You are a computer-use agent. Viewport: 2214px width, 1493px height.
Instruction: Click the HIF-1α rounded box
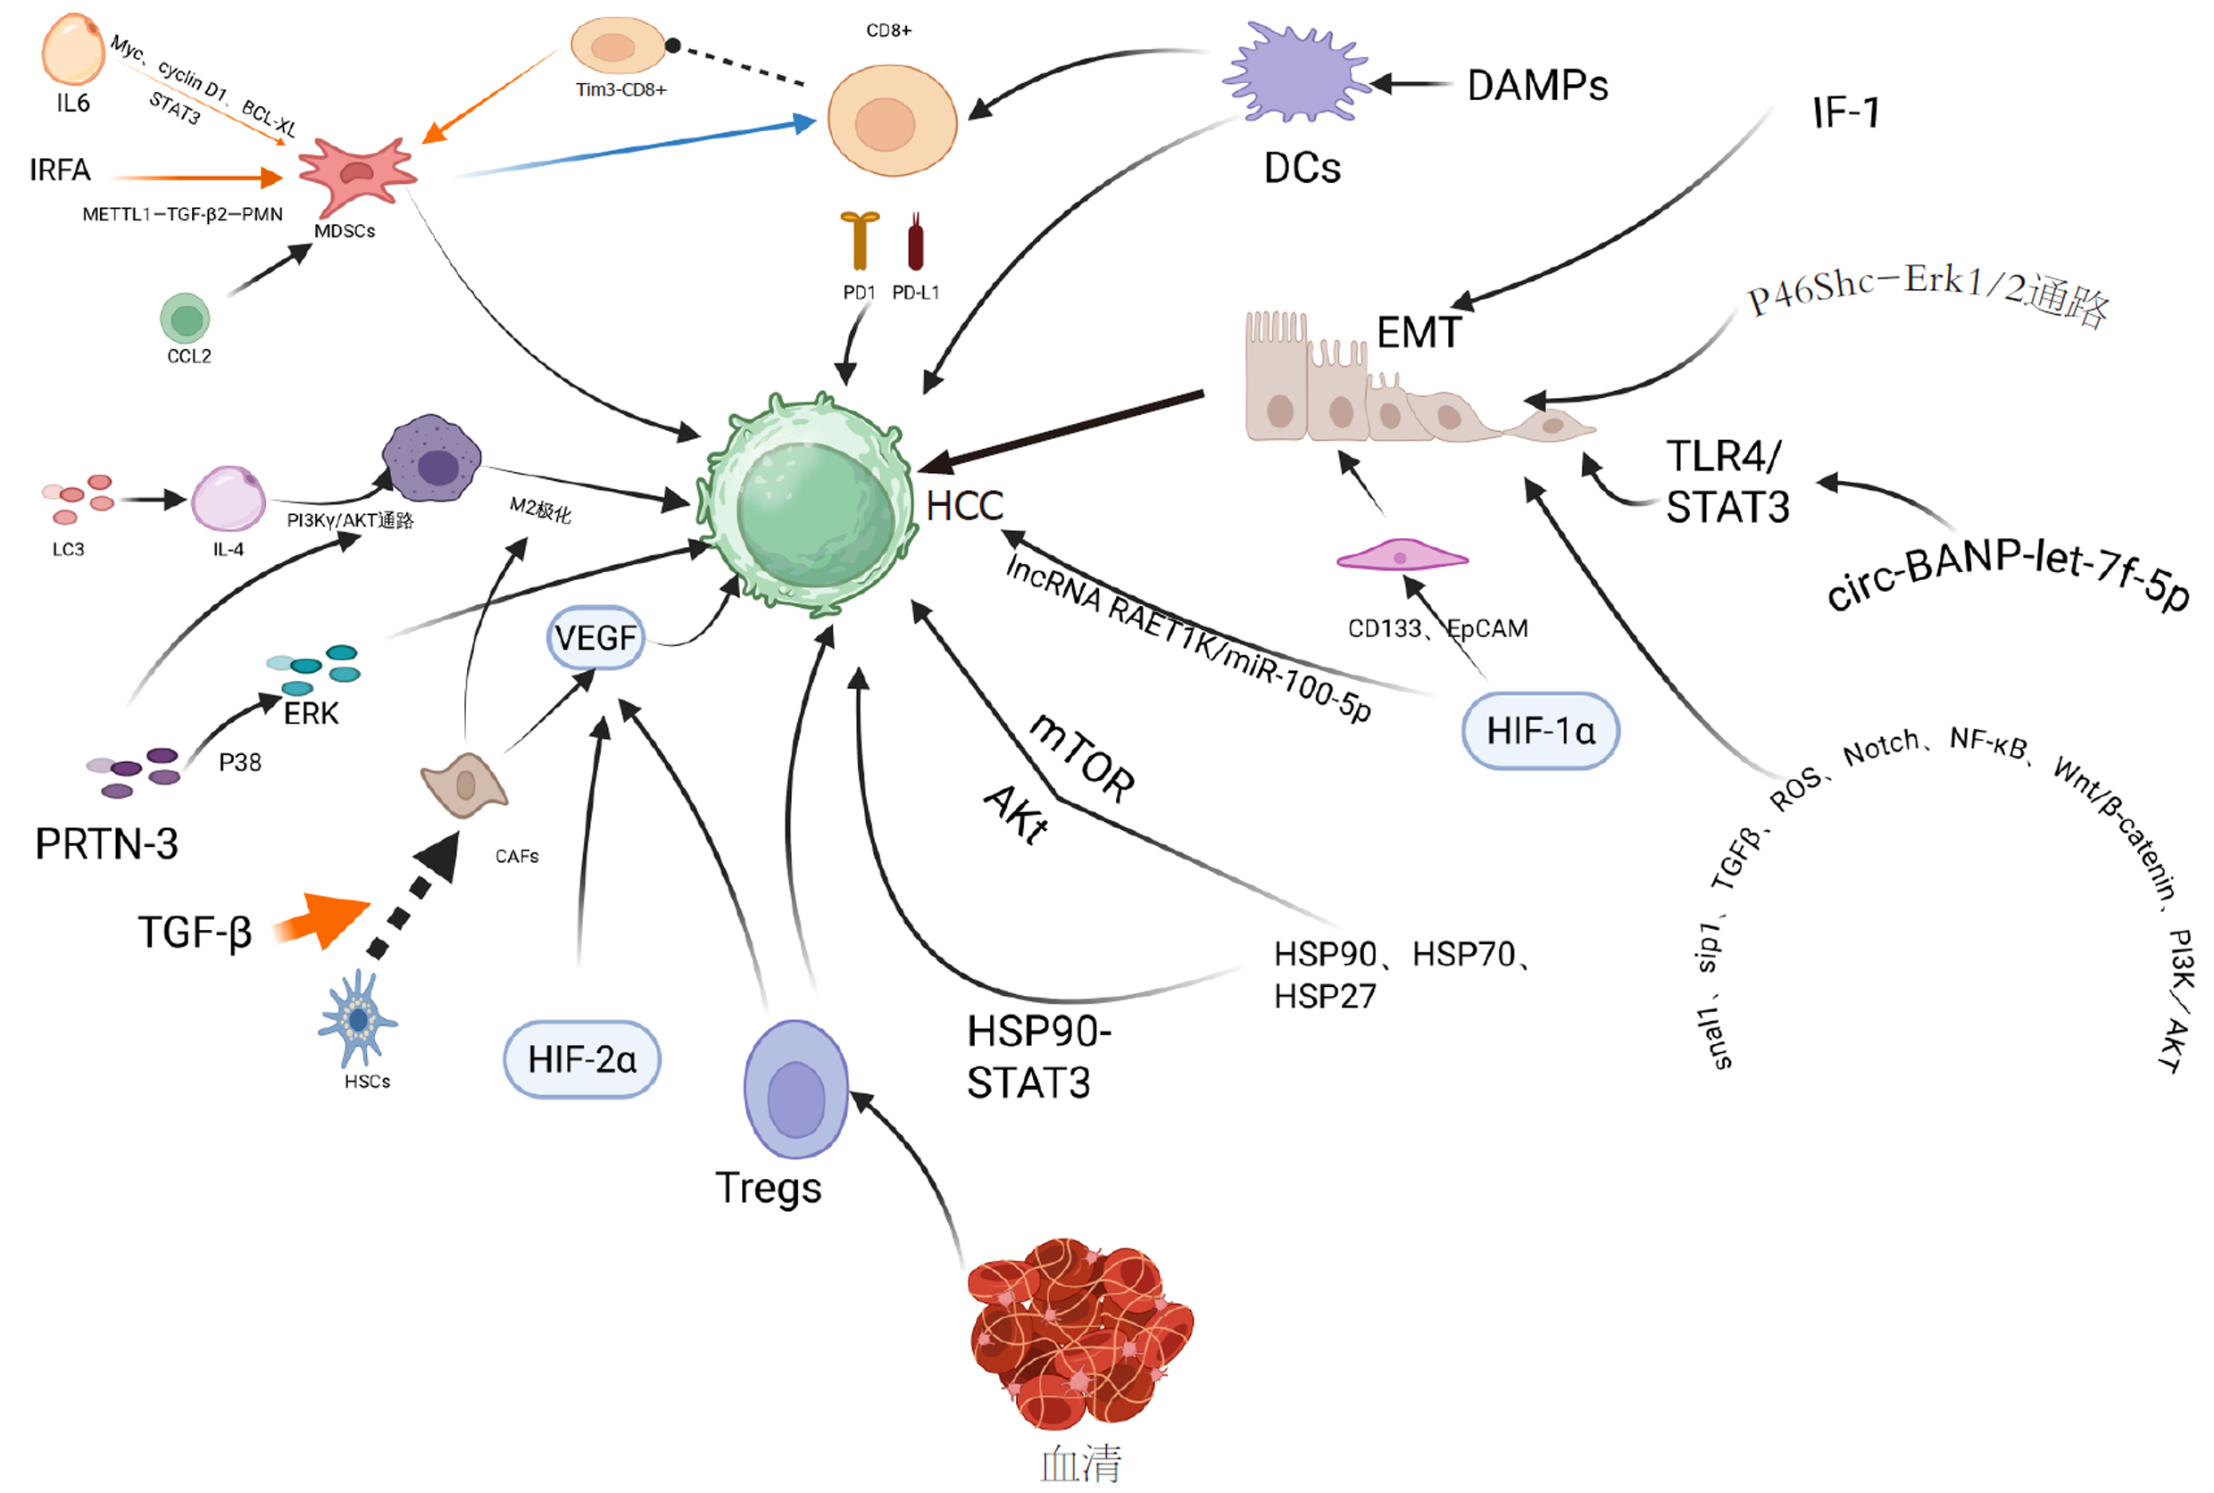(1539, 730)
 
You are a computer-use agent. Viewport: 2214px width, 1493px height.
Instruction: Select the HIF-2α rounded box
(581, 1058)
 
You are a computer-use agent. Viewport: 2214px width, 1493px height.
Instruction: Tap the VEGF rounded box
(595, 637)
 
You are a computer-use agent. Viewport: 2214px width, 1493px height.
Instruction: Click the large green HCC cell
(811, 503)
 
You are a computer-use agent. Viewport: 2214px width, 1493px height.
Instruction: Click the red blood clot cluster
(1080, 1333)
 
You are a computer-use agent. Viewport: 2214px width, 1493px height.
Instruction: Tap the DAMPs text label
(1536, 86)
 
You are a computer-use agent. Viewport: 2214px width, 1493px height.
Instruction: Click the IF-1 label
(1844, 113)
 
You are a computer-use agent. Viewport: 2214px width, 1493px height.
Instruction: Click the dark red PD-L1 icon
(915, 242)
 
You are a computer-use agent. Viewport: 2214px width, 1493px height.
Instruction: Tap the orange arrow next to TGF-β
(319, 919)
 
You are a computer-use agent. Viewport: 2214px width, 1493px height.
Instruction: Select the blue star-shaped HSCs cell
(357, 1020)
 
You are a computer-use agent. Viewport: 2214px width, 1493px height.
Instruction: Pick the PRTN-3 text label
(105, 843)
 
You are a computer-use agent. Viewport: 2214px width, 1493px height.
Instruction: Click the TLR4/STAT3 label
(1727, 482)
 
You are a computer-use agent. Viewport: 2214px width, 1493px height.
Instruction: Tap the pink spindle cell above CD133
(1401, 556)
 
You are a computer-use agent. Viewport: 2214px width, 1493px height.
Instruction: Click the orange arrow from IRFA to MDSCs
(196, 177)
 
